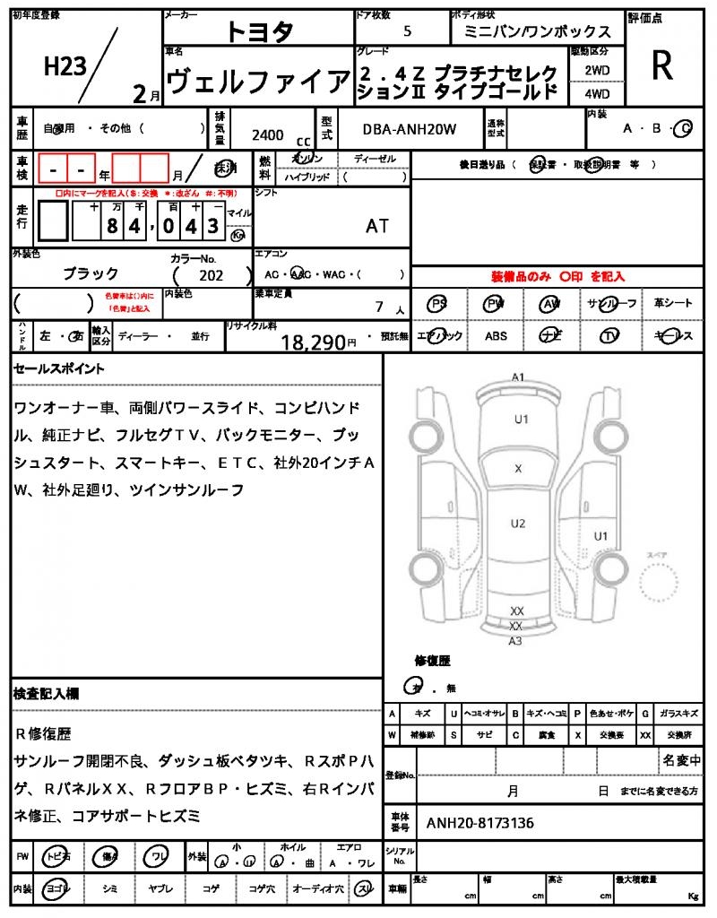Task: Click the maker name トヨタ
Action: [x=259, y=32]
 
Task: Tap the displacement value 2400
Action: [x=268, y=134]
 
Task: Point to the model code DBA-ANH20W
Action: [x=410, y=129]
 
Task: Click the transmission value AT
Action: [x=377, y=226]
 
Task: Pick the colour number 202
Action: [x=212, y=276]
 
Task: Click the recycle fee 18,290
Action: [x=314, y=342]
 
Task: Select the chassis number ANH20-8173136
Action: [x=480, y=822]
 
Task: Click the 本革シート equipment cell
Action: [x=673, y=303]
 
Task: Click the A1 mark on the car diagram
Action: [x=517, y=377]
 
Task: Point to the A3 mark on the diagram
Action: [x=515, y=640]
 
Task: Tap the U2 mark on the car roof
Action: [x=517, y=524]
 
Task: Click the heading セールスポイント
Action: [x=59, y=368]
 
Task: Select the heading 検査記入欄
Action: [x=47, y=694]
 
